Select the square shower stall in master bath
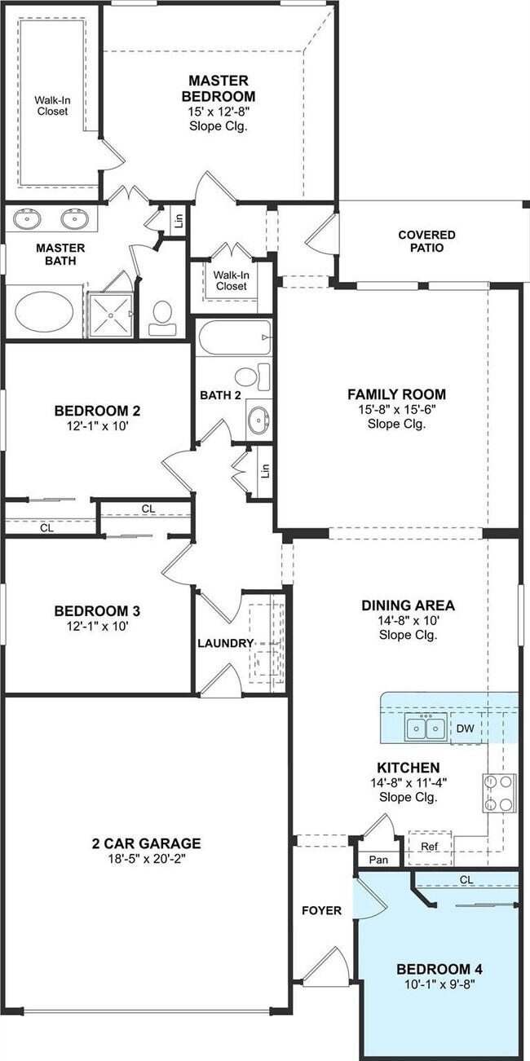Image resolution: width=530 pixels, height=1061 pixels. [x=109, y=311]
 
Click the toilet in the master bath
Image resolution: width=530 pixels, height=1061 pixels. [x=163, y=316]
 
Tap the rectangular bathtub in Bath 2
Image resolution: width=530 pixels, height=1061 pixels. [x=232, y=337]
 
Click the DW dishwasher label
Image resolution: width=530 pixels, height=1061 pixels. [x=465, y=728]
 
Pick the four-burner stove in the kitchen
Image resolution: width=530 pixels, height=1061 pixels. [x=500, y=792]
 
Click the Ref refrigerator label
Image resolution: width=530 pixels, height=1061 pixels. [x=429, y=847]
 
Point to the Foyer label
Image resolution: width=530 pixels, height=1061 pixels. [x=322, y=910]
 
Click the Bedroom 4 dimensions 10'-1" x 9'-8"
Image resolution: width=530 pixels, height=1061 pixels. [x=439, y=984]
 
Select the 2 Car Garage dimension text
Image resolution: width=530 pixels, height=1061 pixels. [x=146, y=857]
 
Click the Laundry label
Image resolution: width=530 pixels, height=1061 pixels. [x=225, y=643]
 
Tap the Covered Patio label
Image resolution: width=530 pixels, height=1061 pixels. [x=426, y=241]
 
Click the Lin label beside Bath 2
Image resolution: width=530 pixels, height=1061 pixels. [x=264, y=471]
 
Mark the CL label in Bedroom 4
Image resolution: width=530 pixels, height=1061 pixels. [x=466, y=879]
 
